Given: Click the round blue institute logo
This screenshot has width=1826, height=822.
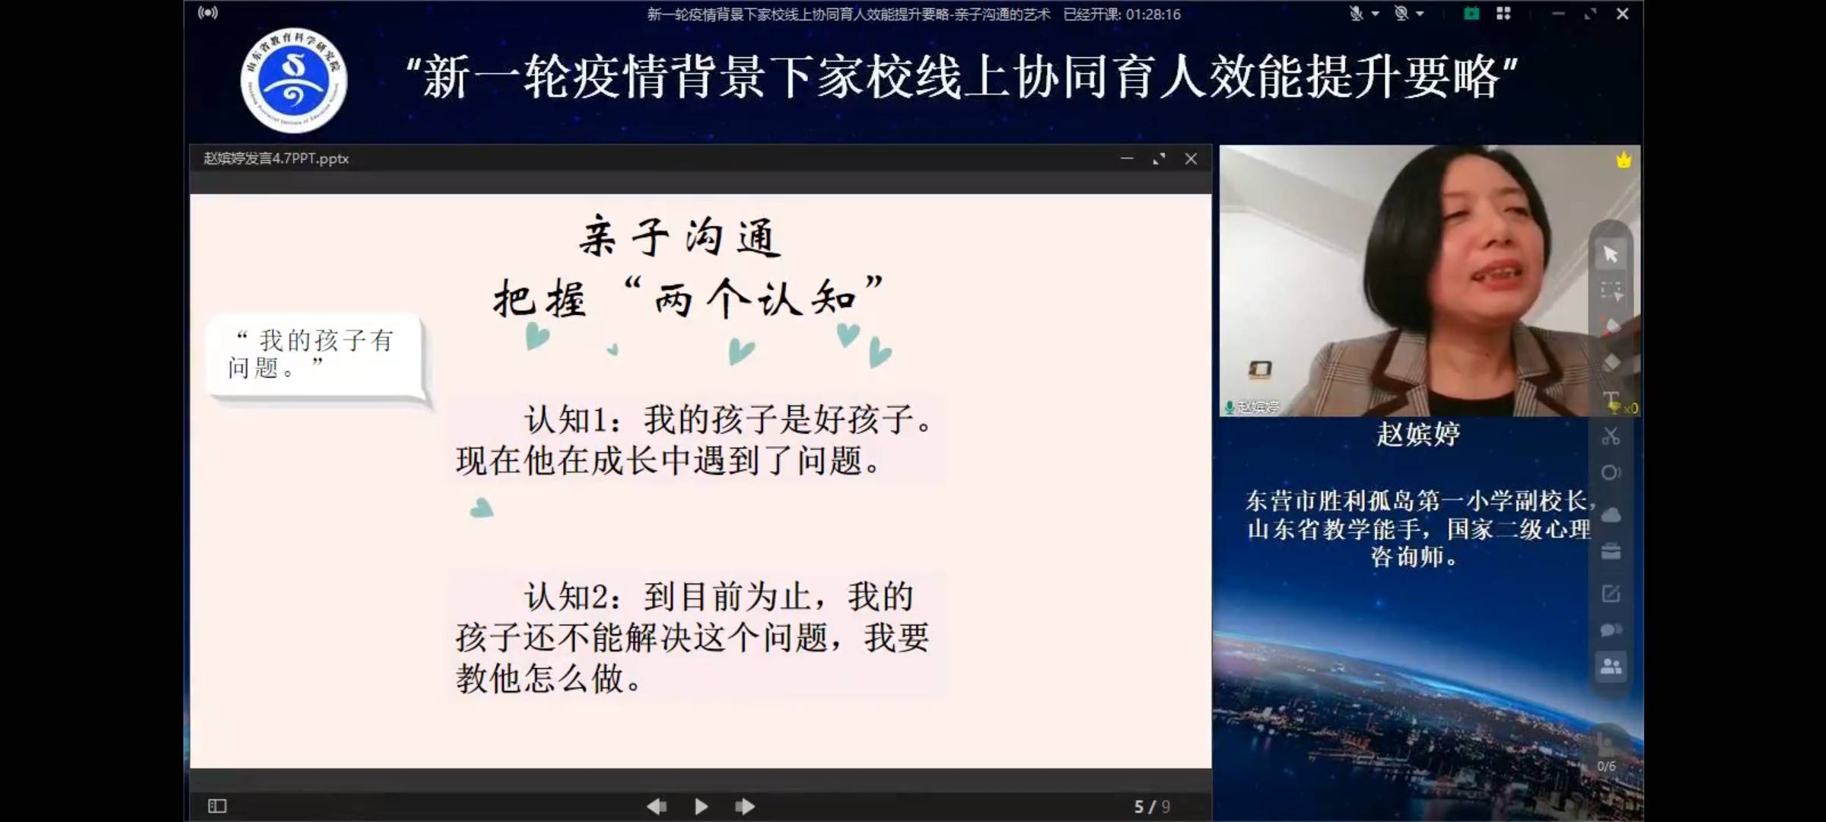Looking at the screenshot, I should click(294, 81).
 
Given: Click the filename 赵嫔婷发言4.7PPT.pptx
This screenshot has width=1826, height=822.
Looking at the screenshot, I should click(276, 158).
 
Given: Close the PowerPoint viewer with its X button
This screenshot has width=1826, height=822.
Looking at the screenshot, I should click(1191, 158).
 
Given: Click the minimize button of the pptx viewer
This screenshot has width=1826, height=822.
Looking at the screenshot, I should click(1127, 158).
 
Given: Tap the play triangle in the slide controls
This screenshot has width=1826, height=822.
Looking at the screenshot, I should click(701, 806).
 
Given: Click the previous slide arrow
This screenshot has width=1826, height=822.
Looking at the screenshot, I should click(656, 806).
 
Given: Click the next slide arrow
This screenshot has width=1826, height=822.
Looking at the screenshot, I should click(745, 806).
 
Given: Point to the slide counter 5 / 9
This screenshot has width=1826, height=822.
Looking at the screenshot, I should click(1151, 806).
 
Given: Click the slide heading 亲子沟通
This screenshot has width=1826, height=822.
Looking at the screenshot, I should click(679, 237).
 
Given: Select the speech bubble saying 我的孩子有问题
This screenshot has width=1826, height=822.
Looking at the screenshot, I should click(313, 355).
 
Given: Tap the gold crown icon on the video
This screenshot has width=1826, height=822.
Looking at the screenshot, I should click(1624, 160).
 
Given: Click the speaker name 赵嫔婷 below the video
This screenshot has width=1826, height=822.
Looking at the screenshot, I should click(1418, 434).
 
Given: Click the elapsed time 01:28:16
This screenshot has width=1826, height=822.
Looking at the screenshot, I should click(1153, 14).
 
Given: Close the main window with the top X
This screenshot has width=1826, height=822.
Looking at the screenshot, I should click(1622, 14).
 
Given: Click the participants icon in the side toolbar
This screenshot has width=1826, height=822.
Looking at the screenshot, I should click(1611, 667).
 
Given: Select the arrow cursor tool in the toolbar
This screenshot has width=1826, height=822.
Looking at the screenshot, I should click(1611, 253).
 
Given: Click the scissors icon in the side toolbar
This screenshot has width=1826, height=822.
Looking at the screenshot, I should click(1611, 436).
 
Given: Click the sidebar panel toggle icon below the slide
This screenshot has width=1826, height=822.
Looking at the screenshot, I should click(217, 806).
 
